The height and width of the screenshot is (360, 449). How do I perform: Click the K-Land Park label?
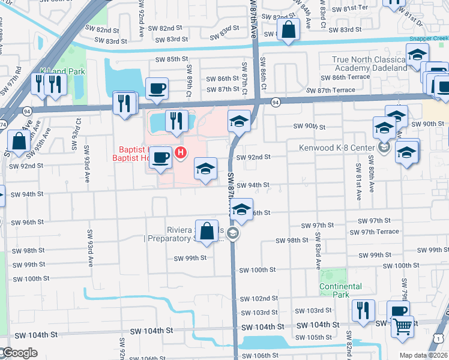click(62, 71)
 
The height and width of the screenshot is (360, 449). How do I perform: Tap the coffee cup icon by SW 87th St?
click(157, 89)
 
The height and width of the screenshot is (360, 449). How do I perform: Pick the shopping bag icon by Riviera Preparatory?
click(207, 231)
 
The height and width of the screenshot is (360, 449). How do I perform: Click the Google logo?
click(19, 353)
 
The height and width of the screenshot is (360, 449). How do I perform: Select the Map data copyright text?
click(424, 355)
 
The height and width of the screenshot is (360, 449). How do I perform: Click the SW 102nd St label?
click(259, 298)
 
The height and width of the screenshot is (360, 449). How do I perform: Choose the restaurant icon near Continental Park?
click(363, 310)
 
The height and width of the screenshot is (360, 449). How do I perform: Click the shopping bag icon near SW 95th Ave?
click(19, 142)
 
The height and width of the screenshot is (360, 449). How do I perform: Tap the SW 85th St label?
click(172, 59)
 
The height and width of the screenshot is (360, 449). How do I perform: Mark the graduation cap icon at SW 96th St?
click(241, 209)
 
